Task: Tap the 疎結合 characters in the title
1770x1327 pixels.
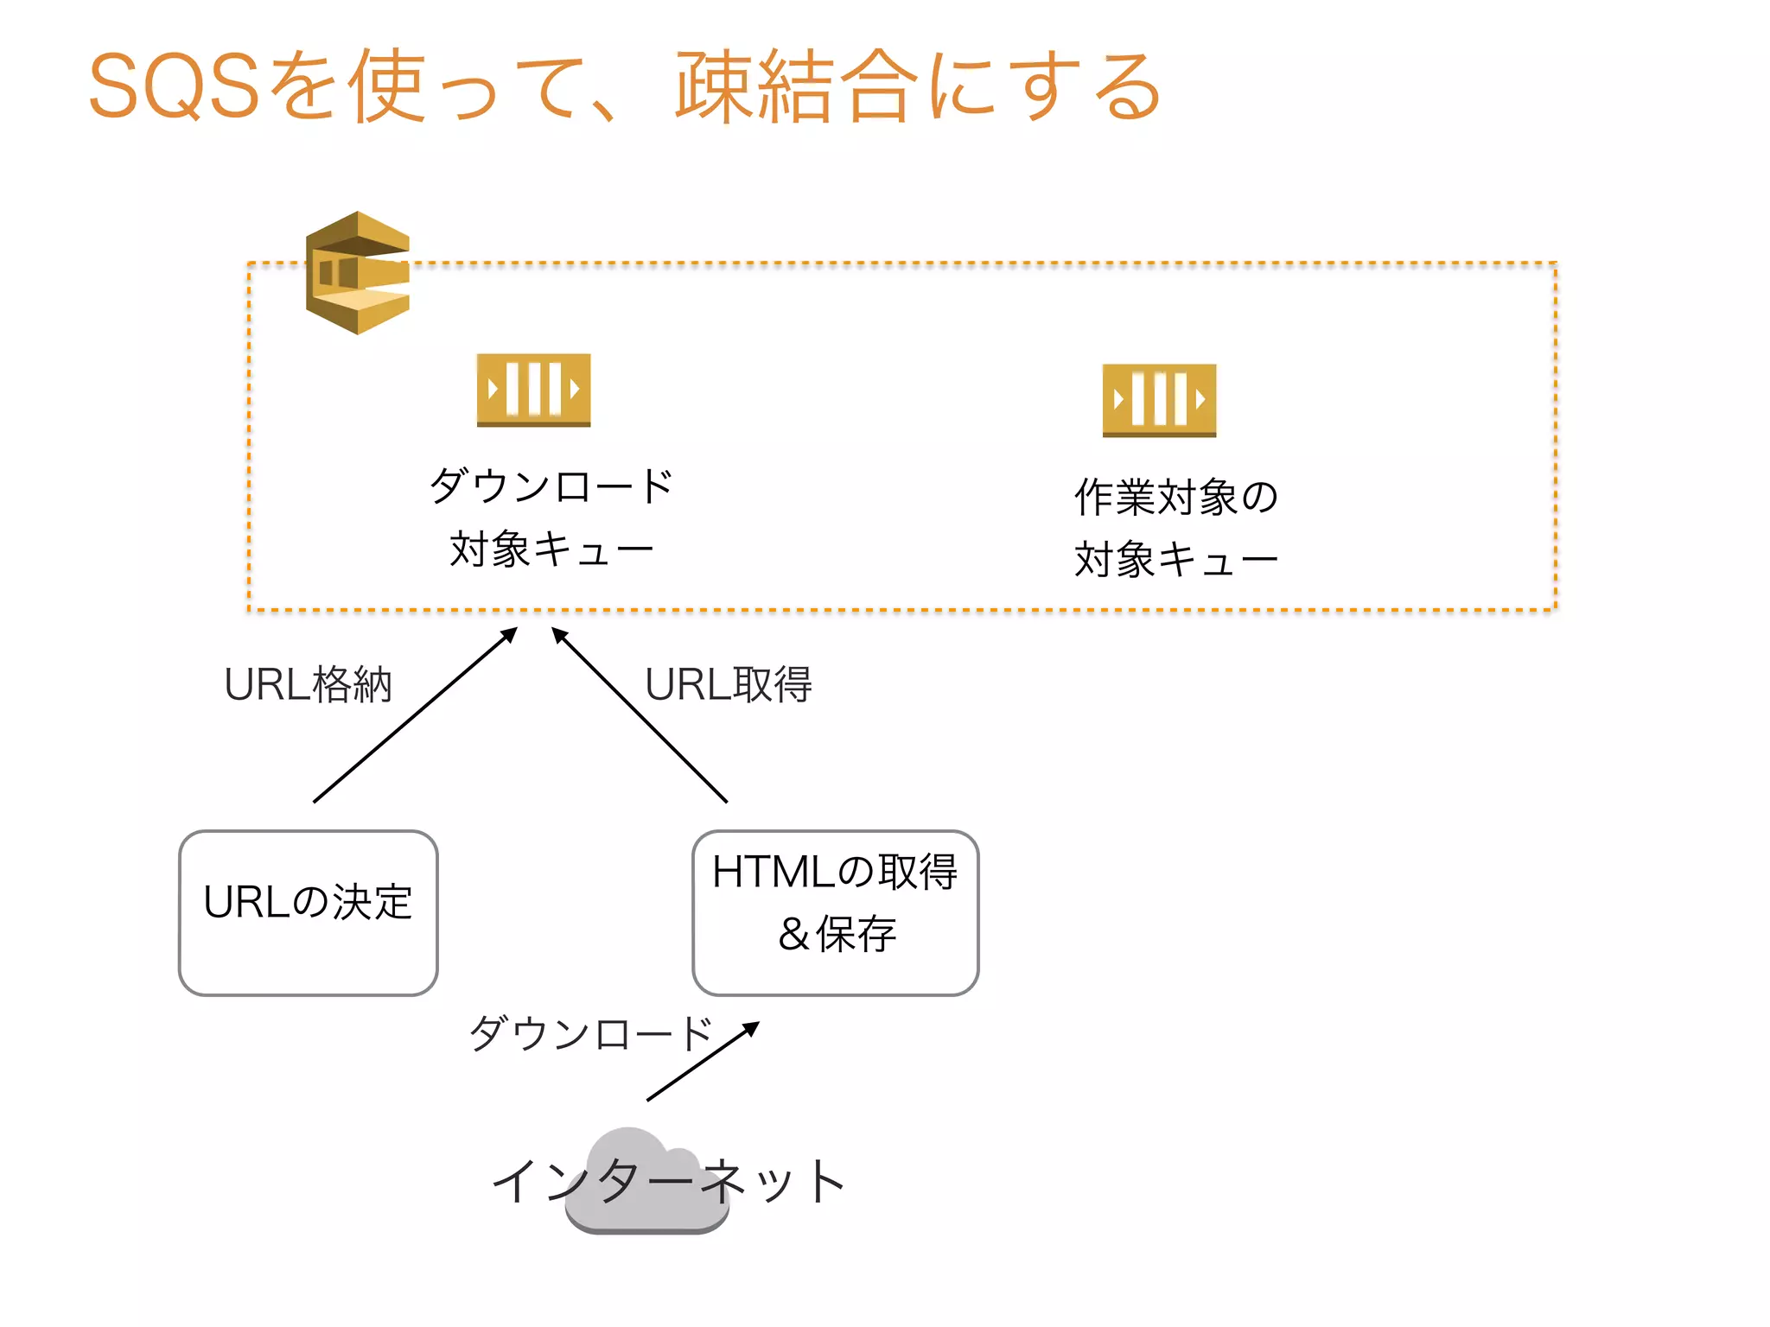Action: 795,86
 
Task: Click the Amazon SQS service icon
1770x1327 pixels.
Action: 357,273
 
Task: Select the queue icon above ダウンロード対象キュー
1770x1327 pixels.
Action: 533,390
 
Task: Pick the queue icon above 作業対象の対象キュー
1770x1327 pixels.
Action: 1159,400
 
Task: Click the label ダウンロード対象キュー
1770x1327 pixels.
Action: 551,517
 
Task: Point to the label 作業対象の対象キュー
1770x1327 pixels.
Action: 1175,527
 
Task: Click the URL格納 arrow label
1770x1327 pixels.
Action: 308,684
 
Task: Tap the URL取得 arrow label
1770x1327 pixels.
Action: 728,684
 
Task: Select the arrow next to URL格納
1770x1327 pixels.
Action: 416,714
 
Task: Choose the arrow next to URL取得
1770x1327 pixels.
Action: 640,714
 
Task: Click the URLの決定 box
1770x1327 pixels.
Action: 308,912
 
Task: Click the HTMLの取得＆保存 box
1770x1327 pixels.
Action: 835,912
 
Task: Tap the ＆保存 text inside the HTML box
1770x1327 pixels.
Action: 837,934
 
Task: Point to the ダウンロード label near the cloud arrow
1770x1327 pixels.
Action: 590,1033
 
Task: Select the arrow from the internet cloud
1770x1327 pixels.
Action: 703,1062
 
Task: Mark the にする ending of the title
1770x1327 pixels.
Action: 1046,86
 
